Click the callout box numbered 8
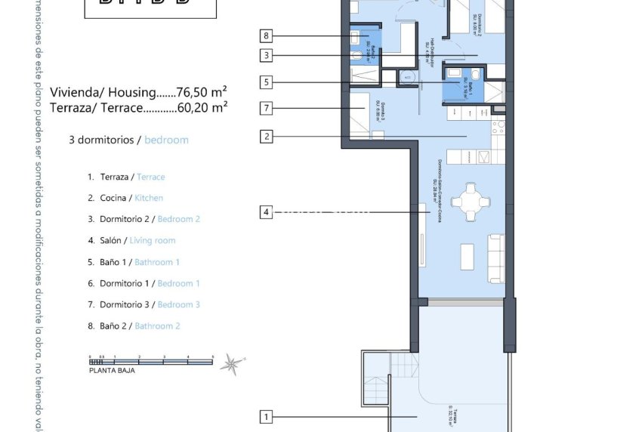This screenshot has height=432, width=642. (x=265, y=35)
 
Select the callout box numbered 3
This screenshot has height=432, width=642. (x=265, y=54)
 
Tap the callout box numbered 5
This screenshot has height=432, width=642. (x=265, y=82)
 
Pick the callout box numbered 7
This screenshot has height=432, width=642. (x=265, y=108)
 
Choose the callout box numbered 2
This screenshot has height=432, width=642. (x=265, y=137)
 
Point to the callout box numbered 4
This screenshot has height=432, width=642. (x=265, y=212)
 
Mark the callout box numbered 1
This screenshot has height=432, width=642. (x=265, y=416)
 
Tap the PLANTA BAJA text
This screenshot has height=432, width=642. (x=113, y=371)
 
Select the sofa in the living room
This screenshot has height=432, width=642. (x=497, y=258)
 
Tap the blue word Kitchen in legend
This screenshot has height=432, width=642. (x=149, y=198)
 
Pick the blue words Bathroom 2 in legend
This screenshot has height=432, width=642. (x=157, y=326)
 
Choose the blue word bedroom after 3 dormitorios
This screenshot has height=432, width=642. (x=166, y=140)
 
